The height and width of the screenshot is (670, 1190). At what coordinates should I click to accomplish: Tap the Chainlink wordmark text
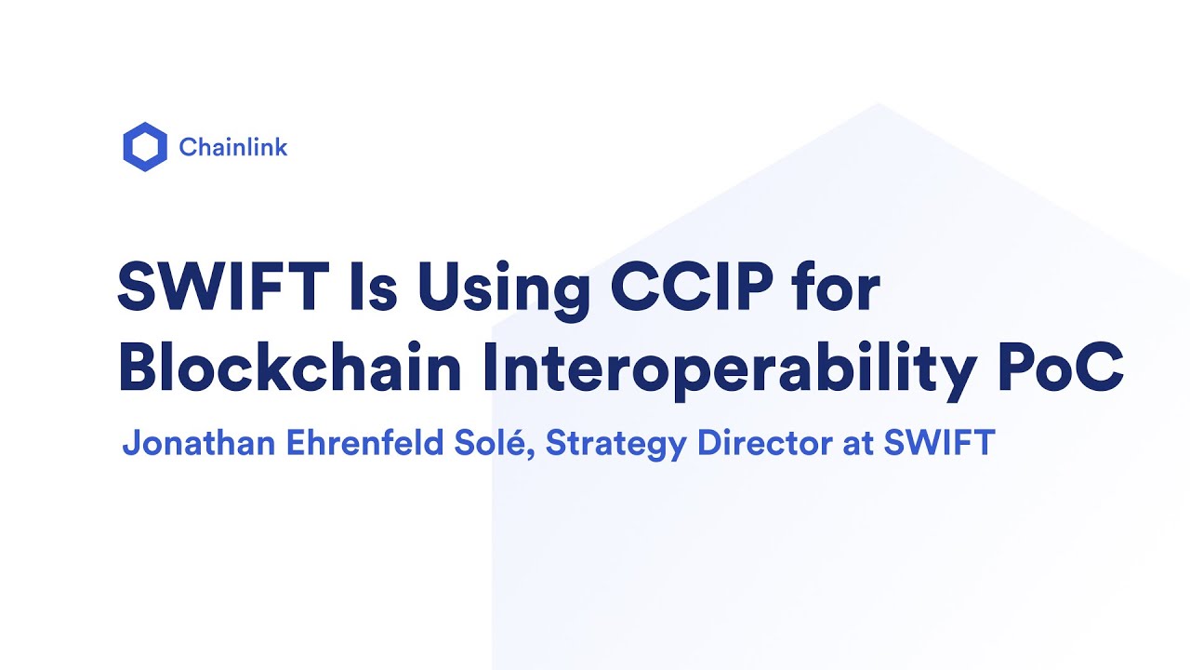[x=233, y=147]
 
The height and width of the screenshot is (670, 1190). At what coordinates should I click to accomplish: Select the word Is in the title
[x=375, y=287]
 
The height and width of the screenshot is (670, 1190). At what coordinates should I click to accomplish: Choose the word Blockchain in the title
[x=290, y=368]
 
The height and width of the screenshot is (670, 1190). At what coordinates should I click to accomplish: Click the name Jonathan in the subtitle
[x=199, y=444]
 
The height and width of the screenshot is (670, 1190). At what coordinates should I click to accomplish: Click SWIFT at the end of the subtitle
[x=939, y=444]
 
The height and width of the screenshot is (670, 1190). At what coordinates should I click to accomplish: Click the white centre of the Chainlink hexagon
[x=145, y=146]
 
